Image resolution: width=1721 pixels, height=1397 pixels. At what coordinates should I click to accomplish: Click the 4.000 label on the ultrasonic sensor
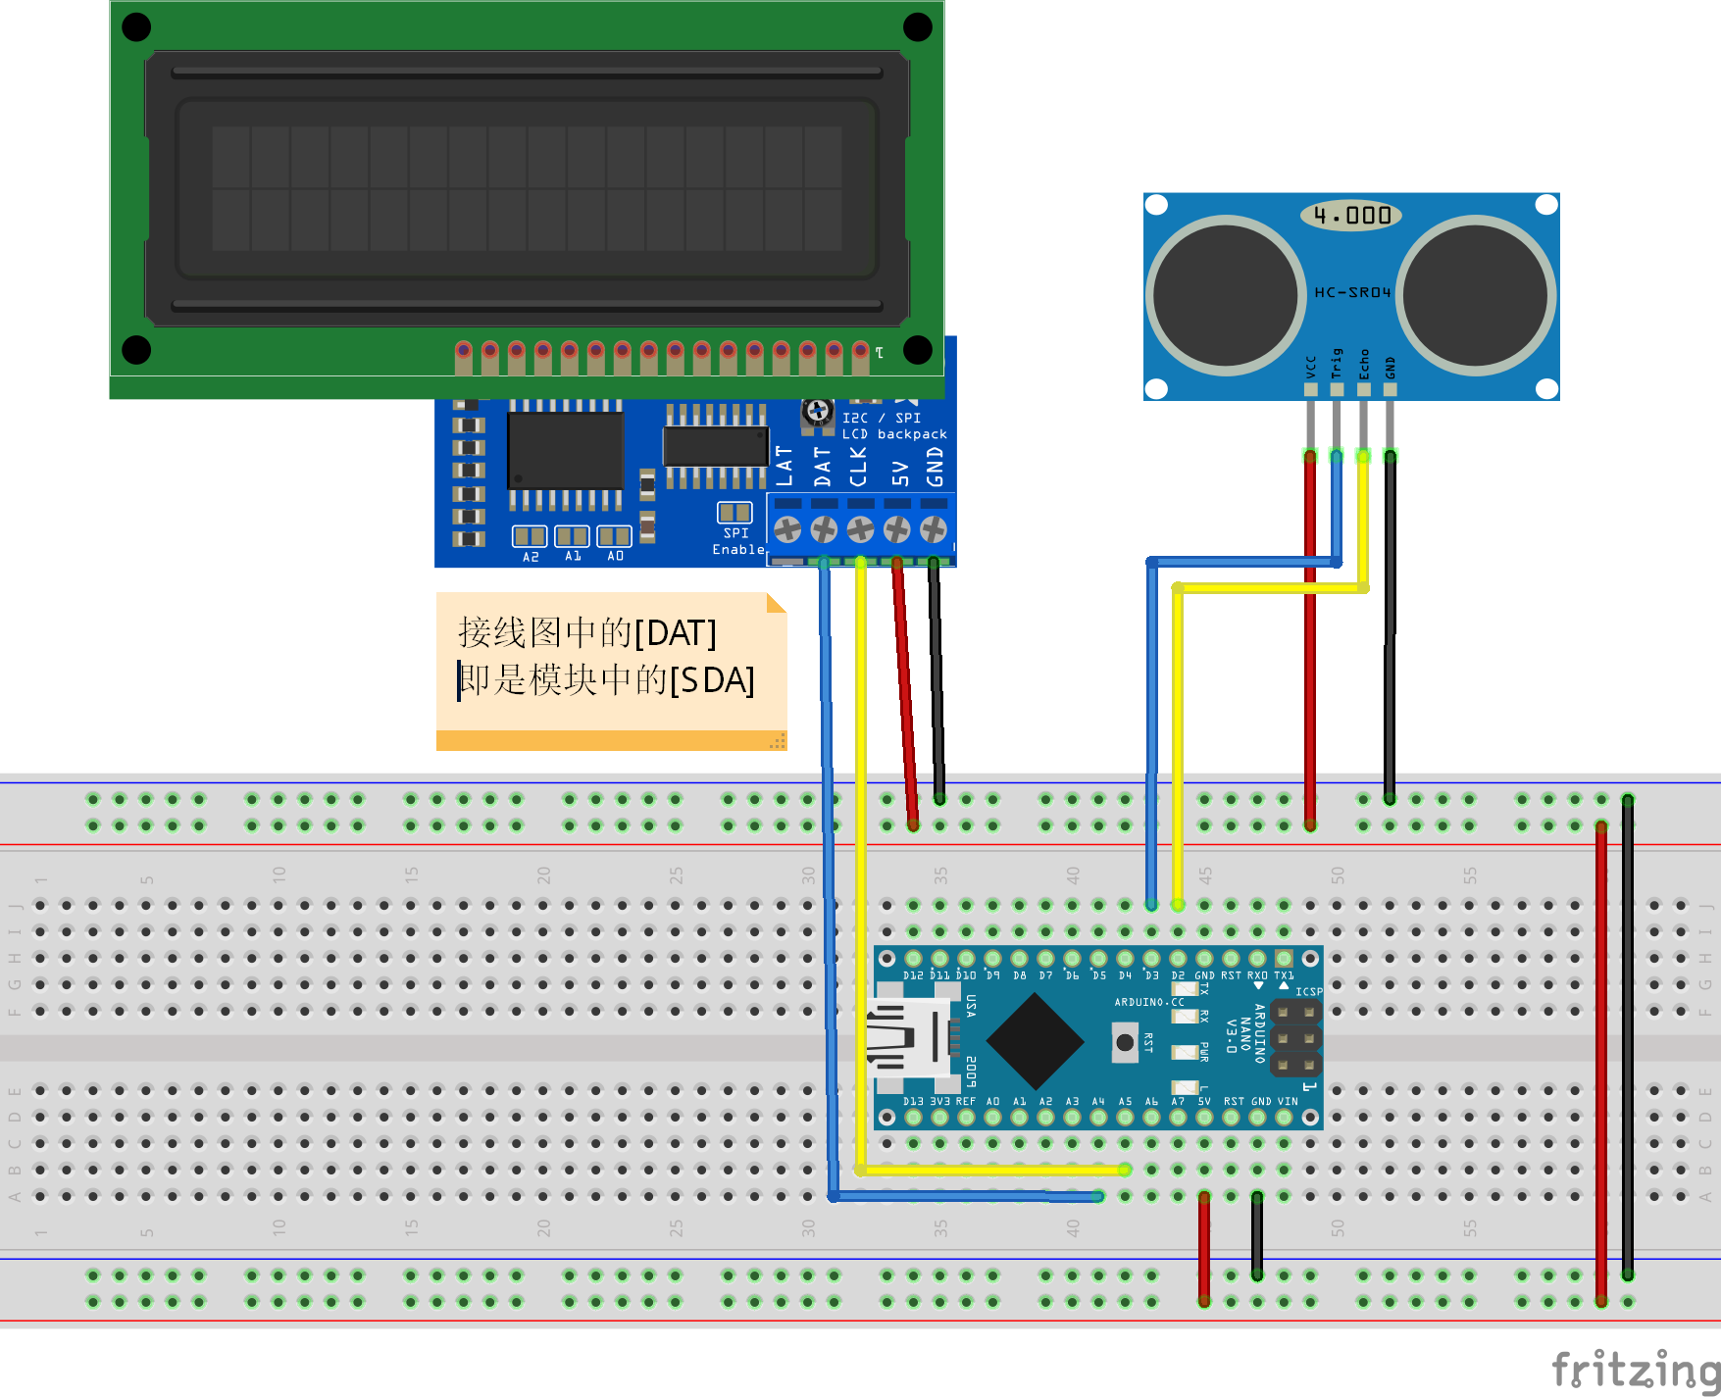coord(1351,216)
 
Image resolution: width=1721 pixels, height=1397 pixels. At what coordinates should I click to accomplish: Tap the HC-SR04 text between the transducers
coord(1352,292)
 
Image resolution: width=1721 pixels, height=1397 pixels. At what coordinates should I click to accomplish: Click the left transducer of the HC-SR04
coord(1226,295)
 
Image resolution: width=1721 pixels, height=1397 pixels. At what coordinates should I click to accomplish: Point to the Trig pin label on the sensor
coord(1336,364)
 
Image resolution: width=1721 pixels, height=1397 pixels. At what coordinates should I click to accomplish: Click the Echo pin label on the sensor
coord(1363,364)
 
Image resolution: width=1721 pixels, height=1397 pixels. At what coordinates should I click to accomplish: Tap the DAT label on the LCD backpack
coord(822,466)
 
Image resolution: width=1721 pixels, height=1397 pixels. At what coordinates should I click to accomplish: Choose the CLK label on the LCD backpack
coord(859,466)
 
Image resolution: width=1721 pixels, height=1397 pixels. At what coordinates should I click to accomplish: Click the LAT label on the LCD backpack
coord(785,466)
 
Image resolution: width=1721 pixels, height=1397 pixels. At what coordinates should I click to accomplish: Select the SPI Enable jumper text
coord(737,541)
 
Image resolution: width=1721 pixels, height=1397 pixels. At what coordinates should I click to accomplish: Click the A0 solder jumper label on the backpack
coord(615,556)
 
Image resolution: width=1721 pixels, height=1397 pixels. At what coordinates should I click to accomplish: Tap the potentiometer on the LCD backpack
coord(818,412)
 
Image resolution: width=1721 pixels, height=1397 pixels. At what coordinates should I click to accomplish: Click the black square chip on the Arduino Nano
coord(1034,1041)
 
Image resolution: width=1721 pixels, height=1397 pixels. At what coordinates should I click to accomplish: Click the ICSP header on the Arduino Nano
coord(1295,1037)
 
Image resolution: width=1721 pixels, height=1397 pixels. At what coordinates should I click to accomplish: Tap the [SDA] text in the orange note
coord(712,679)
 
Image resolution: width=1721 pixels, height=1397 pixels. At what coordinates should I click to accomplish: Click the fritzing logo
coord(1634,1369)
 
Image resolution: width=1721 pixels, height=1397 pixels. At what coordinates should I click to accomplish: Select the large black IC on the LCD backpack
coord(566,450)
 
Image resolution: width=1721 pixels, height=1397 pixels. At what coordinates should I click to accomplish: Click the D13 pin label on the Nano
coord(913,1101)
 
